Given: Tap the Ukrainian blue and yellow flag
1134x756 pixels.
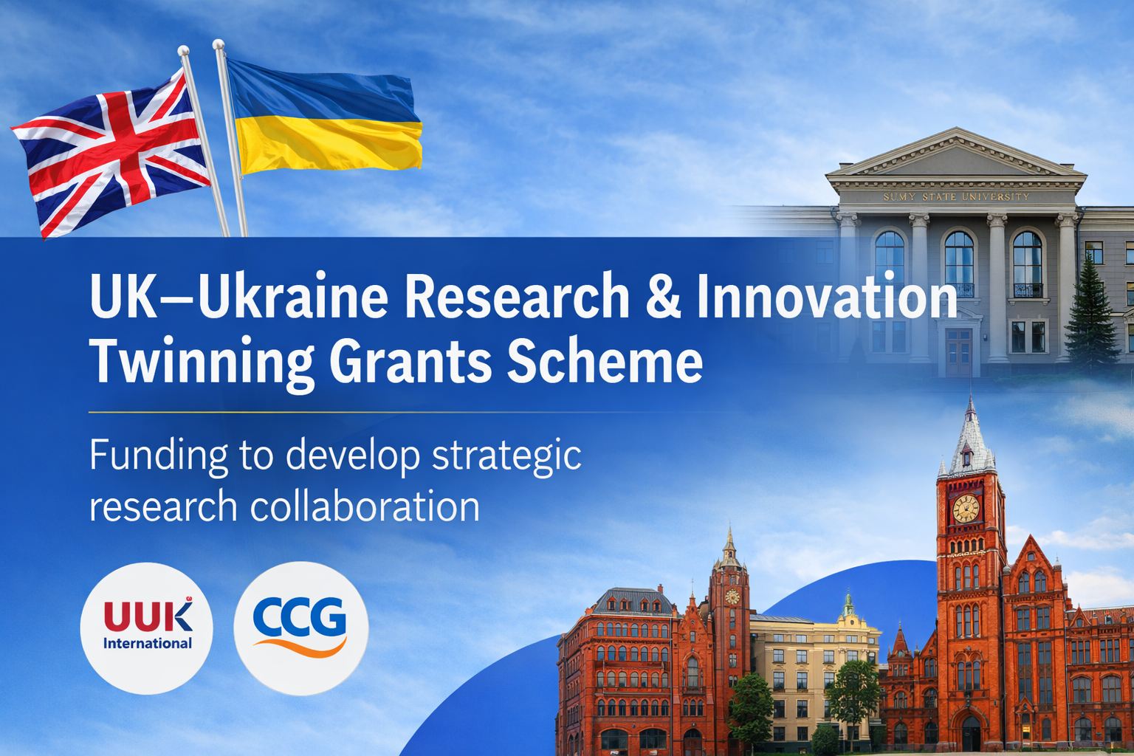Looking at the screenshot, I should click(x=325, y=118).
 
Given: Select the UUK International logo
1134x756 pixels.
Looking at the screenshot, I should click(x=147, y=628).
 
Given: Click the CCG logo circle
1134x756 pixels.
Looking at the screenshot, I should click(x=300, y=628).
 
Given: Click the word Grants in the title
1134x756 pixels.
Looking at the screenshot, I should click(x=410, y=362).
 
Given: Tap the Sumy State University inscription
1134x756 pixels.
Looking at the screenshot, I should click(x=956, y=197).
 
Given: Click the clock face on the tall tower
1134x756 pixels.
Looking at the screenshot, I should click(x=966, y=509).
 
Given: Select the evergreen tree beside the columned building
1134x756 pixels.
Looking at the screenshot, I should click(x=1091, y=317).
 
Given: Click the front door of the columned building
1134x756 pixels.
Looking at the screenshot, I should click(x=958, y=353).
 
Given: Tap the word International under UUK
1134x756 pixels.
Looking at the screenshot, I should click(x=147, y=644).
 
